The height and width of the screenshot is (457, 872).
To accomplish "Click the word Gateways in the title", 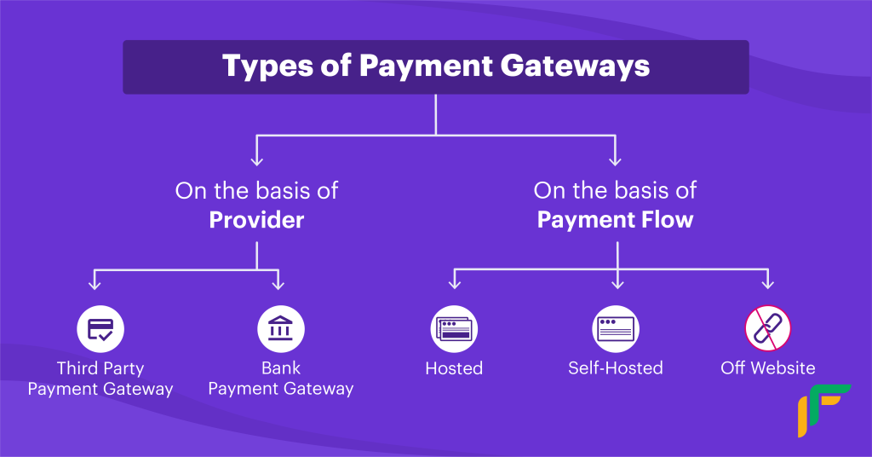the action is [x=575, y=67].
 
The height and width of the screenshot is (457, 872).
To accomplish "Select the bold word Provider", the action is [x=256, y=220].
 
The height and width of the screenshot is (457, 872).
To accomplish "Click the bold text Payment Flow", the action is [x=615, y=220].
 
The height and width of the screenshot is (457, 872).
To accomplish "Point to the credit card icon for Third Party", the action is [x=100, y=329].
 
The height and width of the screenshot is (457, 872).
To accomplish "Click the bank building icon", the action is [x=281, y=329].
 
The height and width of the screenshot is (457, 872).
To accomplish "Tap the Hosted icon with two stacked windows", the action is [x=455, y=329].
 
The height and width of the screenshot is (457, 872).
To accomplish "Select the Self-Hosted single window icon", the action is [x=616, y=329].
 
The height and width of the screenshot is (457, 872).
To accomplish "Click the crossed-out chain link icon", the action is [x=768, y=328].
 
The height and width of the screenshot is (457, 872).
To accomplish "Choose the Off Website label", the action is [x=768, y=368].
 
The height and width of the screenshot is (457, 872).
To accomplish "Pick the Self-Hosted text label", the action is [x=616, y=368].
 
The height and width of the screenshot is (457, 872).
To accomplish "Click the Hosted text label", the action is [x=455, y=368].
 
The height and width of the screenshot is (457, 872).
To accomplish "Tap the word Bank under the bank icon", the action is [x=281, y=368].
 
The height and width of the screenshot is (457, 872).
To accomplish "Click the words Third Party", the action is [x=100, y=368].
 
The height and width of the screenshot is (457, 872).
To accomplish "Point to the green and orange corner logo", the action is [x=824, y=410].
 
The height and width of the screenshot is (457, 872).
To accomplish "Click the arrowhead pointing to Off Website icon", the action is [x=768, y=285].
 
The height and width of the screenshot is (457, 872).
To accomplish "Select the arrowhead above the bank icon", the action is [x=278, y=285].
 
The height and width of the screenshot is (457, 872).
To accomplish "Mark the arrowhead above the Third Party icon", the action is [x=95, y=285].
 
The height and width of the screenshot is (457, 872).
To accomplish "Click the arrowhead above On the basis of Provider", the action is [x=256, y=161].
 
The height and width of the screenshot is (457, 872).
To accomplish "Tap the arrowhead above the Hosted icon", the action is [x=455, y=285].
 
